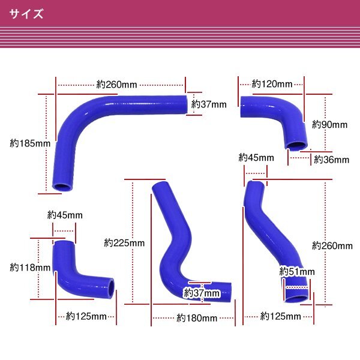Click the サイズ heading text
pyautogui.click(x=26, y=14)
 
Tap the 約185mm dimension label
pyautogui.click(x=30, y=143)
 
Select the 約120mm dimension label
pyautogui.click(x=272, y=84)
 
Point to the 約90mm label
pyautogui.click(x=329, y=124)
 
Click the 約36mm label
pyautogui.click(x=332, y=160)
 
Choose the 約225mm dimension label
pyautogui.click(x=124, y=243)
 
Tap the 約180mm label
pyautogui.click(x=197, y=318)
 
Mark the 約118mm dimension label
pyautogui.click(x=30, y=268)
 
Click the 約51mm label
pyautogui.click(x=297, y=272)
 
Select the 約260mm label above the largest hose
pyautogui.click(x=116, y=85)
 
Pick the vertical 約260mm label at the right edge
pyautogui.click(x=332, y=246)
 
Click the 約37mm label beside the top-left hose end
pyautogui.click(x=209, y=104)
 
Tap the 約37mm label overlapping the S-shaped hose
pyautogui.click(x=202, y=293)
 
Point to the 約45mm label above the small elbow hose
pyautogui.click(x=65, y=215)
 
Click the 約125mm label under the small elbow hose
pyautogui.click(x=86, y=316)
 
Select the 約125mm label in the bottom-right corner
pyautogui.click(x=281, y=316)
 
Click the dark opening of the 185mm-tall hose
pyautogui.click(x=62, y=187)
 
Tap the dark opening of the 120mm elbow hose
pyautogui.click(x=297, y=146)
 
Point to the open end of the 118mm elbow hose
pyautogui.click(x=110, y=288)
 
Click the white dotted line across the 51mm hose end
pyautogui.click(x=297, y=287)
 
